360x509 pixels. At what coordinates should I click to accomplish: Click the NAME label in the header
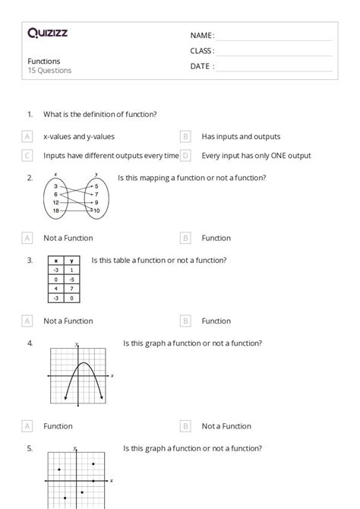(x=201, y=36)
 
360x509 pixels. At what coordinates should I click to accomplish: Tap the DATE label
(x=201, y=66)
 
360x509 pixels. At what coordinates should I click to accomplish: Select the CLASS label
(x=202, y=51)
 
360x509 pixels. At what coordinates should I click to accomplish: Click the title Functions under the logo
(x=44, y=61)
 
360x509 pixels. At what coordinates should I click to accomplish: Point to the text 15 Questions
(x=49, y=71)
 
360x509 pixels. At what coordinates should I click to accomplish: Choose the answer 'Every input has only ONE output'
(x=256, y=156)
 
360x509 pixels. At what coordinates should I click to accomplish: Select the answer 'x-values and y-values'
(x=79, y=137)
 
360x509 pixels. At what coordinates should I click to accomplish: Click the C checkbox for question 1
(x=27, y=156)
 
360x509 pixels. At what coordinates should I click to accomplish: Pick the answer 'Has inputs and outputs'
(x=241, y=137)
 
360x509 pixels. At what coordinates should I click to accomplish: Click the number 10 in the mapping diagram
(x=96, y=210)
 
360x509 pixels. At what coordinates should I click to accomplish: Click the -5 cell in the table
(x=70, y=279)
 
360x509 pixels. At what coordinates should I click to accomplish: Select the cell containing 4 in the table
(x=55, y=288)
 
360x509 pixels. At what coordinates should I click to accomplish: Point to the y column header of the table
(x=70, y=261)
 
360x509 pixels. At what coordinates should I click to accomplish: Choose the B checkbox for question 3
(x=185, y=321)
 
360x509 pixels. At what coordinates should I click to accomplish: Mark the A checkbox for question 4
(x=27, y=426)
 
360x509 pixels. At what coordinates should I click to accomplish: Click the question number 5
(x=30, y=448)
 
